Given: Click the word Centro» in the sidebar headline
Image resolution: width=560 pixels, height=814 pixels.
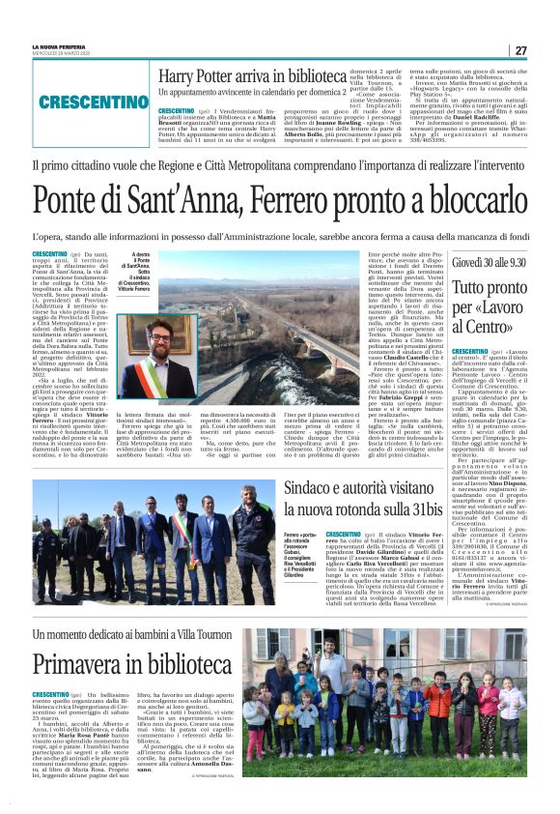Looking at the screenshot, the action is click(490, 325).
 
